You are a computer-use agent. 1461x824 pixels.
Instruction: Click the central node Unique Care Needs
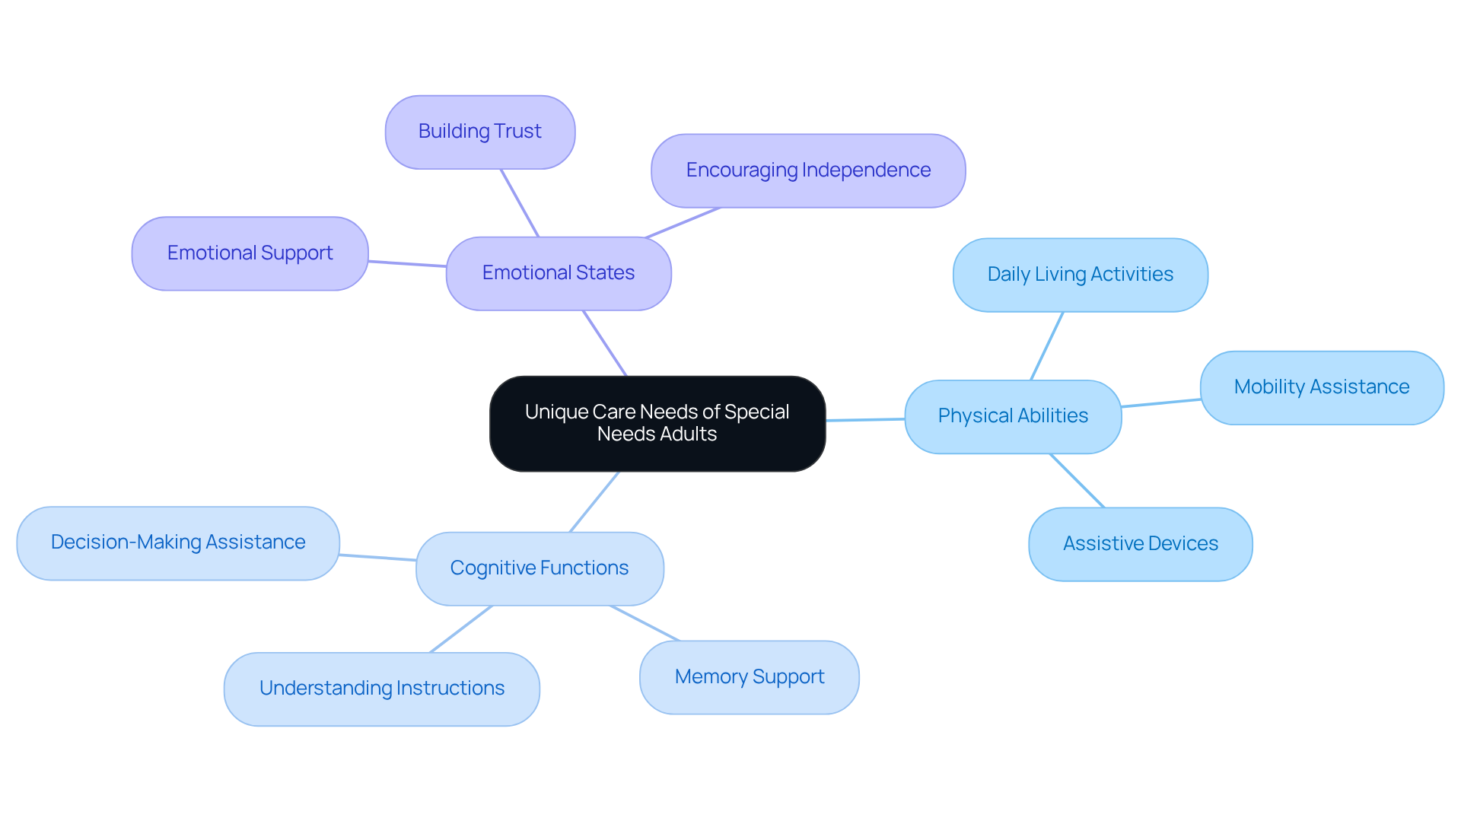[657, 423]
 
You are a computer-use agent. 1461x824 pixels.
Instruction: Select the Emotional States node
[559, 273]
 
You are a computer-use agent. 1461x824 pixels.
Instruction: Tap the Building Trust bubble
[480, 132]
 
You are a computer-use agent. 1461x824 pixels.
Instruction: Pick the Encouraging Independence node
[808, 170]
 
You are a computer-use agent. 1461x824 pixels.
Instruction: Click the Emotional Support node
[250, 253]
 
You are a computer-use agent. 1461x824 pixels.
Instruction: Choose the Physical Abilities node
[1013, 416]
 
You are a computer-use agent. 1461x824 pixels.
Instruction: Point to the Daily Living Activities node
[1080, 275]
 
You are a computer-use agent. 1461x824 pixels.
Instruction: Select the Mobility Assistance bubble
[1322, 387]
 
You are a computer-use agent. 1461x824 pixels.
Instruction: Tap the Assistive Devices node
[1140, 544]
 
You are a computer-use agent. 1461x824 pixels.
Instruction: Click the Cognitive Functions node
[540, 568]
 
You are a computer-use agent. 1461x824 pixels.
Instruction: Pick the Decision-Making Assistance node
[178, 542]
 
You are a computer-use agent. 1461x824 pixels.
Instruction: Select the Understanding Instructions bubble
[381, 689]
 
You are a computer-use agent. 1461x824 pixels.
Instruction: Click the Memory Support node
[749, 676]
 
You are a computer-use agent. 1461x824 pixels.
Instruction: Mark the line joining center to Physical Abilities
[865, 419]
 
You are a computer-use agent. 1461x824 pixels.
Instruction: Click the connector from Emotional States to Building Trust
[520, 203]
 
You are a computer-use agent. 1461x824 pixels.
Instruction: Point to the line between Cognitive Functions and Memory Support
[645, 623]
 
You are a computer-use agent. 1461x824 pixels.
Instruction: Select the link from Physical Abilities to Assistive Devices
[1077, 481]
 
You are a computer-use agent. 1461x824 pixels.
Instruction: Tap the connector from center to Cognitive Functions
[594, 501]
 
